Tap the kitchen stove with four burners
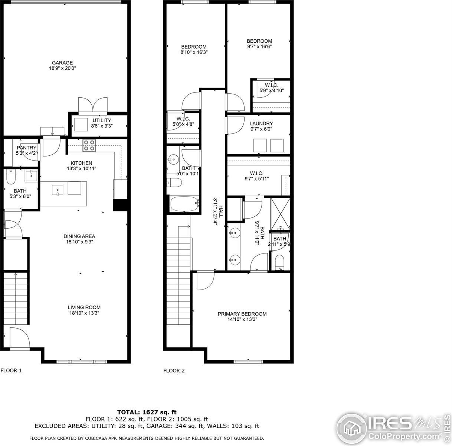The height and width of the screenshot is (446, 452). pos(88,145)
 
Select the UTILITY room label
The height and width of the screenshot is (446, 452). pos(102,120)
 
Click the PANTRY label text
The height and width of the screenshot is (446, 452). pos(26,148)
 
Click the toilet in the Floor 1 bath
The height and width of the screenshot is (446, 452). pos(11,178)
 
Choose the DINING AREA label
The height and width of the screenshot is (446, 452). pos(79,236)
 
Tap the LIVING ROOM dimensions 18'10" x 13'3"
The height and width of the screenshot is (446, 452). pos(84,313)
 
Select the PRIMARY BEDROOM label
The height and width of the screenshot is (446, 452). pos(242,314)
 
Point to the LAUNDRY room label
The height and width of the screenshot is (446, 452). pos(261,123)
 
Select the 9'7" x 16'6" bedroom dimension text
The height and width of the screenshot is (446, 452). pos(259,46)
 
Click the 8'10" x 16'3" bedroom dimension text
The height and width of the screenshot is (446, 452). pos(194,52)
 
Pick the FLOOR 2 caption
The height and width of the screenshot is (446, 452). pos(174,371)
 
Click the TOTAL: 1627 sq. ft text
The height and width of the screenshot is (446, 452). pos(147,412)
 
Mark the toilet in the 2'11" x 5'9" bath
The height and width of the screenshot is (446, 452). pos(279,263)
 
